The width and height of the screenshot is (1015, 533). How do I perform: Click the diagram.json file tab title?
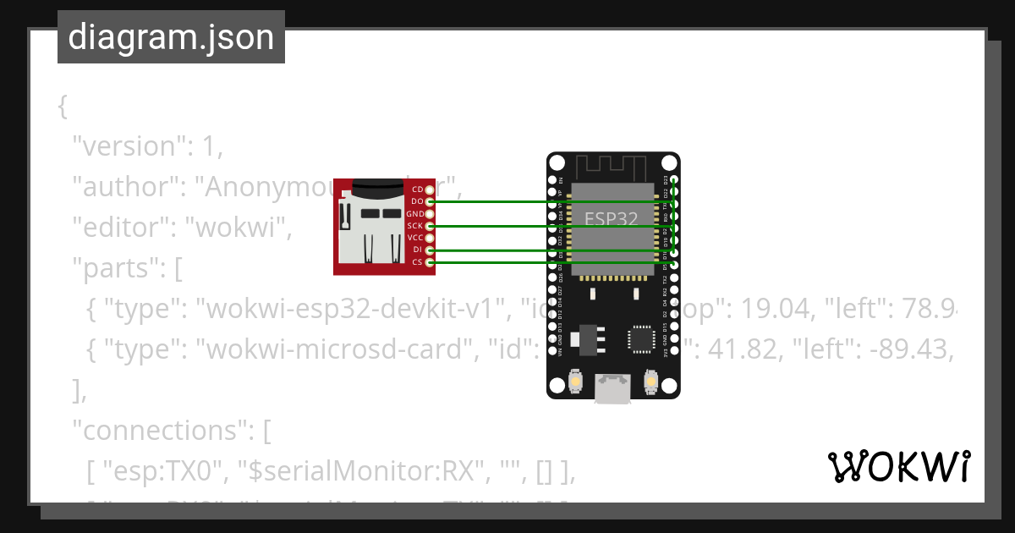point(171,38)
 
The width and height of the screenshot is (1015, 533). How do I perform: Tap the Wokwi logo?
point(898,467)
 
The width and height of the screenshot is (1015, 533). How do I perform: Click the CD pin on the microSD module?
point(430,190)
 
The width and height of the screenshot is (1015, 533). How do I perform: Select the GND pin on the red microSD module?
point(430,214)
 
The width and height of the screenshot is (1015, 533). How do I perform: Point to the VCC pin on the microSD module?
point(430,238)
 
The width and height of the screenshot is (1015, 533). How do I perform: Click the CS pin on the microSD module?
point(430,262)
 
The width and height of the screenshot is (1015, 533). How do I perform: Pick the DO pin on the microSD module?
point(430,201)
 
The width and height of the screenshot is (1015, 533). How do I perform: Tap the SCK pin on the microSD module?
point(430,226)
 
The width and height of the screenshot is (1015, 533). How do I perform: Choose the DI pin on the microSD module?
point(430,250)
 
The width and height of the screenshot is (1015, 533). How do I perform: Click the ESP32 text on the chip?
point(612,217)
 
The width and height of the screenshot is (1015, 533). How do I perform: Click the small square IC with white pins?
point(640,339)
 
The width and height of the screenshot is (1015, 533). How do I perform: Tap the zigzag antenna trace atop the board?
point(612,164)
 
